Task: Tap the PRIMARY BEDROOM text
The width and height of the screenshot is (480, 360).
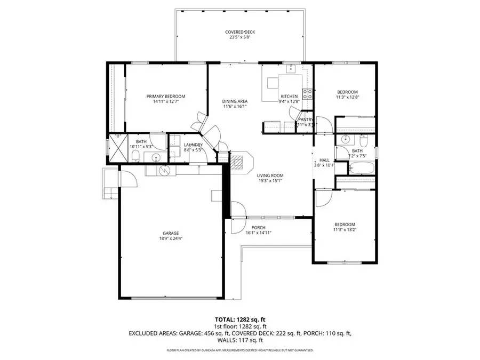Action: [x=166, y=97]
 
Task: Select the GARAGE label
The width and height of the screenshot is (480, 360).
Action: [x=171, y=233]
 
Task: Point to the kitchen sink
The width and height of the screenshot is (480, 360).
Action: [x=290, y=68]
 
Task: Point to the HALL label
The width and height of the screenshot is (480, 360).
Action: [x=324, y=159]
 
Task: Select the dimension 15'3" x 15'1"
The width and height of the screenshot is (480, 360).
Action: [x=270, y=181]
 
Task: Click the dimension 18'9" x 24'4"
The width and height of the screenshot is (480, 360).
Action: [x=171, y=239]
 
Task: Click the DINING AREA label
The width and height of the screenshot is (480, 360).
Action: [x=235, y=101]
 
